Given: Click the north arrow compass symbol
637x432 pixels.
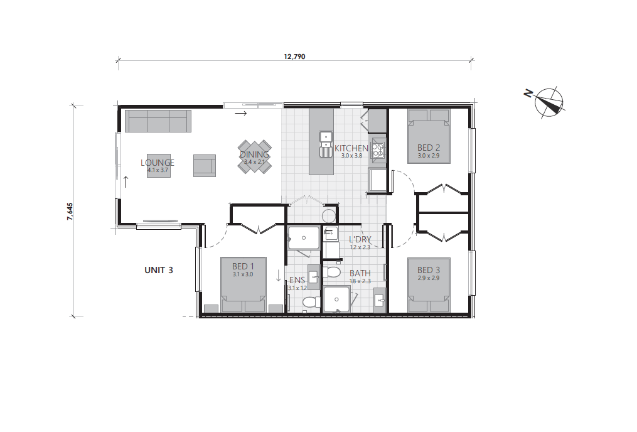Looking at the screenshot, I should click(x=549, y=102).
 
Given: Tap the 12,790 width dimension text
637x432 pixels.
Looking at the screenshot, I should click(x=294, y=56).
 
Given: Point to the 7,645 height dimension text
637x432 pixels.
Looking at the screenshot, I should click(x=70, y=210).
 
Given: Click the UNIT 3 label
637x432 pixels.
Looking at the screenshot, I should click(x=159, y=270).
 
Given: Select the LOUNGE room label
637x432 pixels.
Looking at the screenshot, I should click(x=158, y=162).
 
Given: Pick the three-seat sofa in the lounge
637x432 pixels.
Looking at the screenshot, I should click(x=158, y=121).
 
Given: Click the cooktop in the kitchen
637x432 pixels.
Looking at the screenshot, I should click(x=378, y=150).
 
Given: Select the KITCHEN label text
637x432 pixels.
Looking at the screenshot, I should click(x=351, y=148).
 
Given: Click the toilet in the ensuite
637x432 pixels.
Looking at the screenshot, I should click(x=309, y=302).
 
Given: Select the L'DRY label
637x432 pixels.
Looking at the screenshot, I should click(x=360, y=239).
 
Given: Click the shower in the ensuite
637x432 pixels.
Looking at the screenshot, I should click(x=303, y=238).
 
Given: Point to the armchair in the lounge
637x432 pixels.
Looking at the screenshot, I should click(x=204, y=165).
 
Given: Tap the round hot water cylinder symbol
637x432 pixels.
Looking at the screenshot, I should click(x=329, y=216).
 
